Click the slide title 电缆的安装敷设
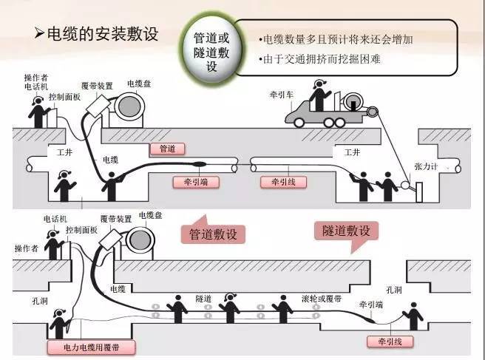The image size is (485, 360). click(x=104, y=35)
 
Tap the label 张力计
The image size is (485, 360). click(x=449, y=167)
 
